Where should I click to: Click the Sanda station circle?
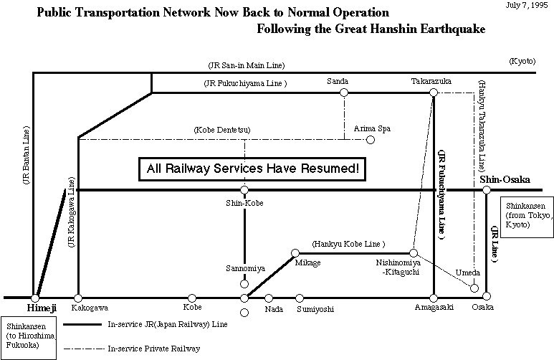coord(344,93)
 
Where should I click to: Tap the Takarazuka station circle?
coord(433,93)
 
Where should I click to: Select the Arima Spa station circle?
coord(371,139)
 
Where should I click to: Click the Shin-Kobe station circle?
coord(244,190)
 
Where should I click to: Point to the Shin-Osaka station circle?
coord(486,190)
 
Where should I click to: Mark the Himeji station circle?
coord(34,297)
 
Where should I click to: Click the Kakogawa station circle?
coord(78,297)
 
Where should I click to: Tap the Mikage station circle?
coord(295,252)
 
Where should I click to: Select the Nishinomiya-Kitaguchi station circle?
coord(414,252)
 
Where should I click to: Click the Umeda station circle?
coord(474,288)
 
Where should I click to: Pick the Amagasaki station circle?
coord(433,297)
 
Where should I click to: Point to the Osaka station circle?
coord(486,297)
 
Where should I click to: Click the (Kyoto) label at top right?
coord(521,62)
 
